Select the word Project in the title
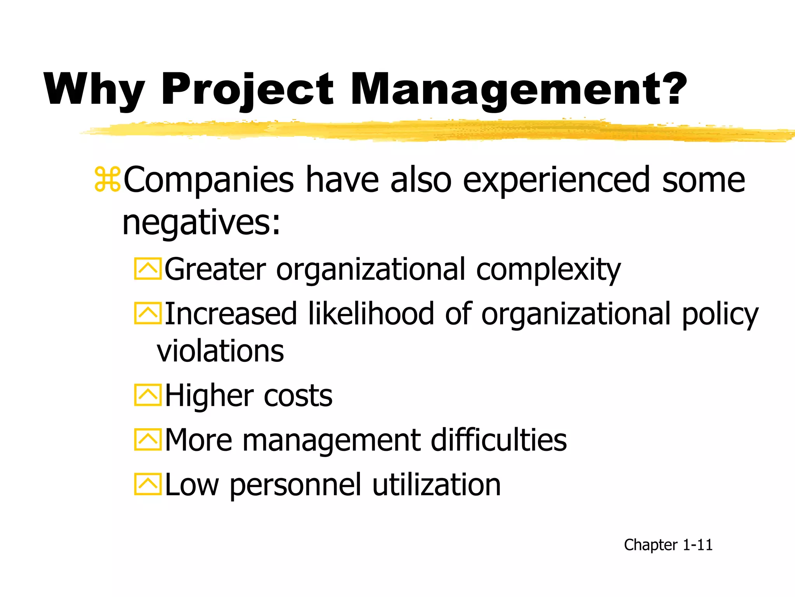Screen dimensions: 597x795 247,90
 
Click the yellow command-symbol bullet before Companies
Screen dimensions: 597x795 107,180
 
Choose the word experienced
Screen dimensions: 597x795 556,180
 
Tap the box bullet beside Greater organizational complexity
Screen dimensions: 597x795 148,269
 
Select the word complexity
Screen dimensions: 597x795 548,269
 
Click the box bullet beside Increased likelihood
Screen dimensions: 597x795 148,313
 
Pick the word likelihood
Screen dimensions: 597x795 371,313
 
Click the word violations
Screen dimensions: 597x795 220,351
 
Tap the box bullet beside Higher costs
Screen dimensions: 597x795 148,395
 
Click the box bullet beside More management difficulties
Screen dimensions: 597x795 148,440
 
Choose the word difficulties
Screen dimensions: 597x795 498,440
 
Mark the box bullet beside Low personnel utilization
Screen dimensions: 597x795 148,484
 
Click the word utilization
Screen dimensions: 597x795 436,484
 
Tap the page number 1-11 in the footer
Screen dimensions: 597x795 698,545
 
